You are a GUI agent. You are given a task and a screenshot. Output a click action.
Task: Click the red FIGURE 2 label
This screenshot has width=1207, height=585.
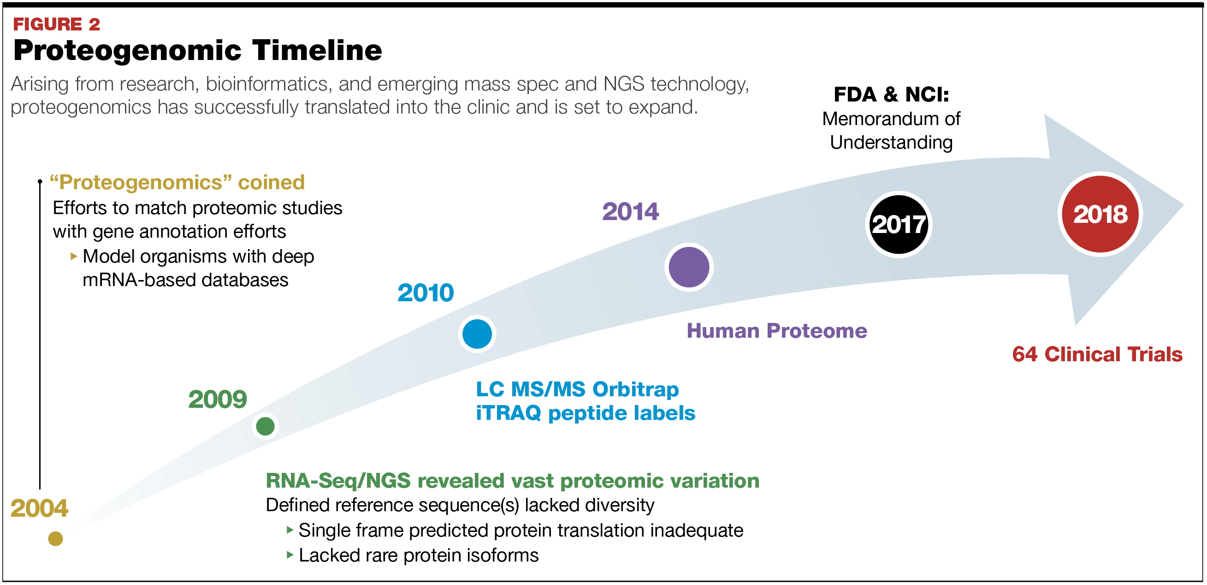pyautogui.click(x=56, y=24)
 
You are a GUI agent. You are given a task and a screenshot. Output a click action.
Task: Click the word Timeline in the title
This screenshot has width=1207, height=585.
pyautogui.click(x=317, y=50)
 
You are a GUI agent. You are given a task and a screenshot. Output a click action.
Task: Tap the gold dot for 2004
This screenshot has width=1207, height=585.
pyautogui.click(x=55, y=538)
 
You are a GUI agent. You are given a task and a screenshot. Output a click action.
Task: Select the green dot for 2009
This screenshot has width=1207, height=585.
pyautogui.click(x=265, y=426)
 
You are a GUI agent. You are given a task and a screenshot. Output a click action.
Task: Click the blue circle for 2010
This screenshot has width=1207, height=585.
pyautogui.click(x=477, y=334)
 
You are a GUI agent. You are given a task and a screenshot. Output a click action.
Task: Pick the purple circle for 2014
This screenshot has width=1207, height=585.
pyautogui.click(x=689, y=267)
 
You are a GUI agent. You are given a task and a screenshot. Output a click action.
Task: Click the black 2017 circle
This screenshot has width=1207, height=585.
pyautogui.click(x=898, y=225)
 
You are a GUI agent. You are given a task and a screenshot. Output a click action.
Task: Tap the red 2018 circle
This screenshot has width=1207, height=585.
pyautogui.click(x=1100, y=214)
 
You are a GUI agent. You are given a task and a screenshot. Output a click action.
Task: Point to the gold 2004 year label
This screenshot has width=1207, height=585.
pyautogui.click(x=39, y=508)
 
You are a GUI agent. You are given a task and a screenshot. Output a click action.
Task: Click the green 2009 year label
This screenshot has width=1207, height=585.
pyautogui.click(x=218, y=400)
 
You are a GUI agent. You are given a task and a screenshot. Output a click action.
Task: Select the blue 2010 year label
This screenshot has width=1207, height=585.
pyautogui.click(x=426, y=293)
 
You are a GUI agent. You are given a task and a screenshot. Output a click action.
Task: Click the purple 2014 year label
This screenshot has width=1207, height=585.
pyautogui.click(x=630, y=211)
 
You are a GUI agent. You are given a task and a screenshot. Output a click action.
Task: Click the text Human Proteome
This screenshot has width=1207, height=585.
pyautogui.click(x=776, y=331)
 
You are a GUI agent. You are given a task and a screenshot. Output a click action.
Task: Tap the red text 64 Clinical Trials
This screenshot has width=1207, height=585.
pyautogui.click(x=1097, y=354)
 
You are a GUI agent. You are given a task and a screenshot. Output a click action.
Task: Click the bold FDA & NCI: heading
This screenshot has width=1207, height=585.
pyautogui.click(x=891, y=95)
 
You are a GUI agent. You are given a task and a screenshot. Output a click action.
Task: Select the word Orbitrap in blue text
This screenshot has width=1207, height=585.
pyautogui.click(x=635, y=389)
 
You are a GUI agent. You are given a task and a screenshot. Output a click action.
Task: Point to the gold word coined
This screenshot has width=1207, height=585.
pyautogui.click(x=271, y=182)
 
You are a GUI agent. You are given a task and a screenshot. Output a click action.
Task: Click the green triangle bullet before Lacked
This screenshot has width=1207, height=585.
pyautogui.click(x=290, y=555)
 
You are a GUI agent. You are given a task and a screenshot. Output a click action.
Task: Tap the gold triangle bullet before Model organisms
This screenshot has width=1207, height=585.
pyautogui.click(x=74, y=256)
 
